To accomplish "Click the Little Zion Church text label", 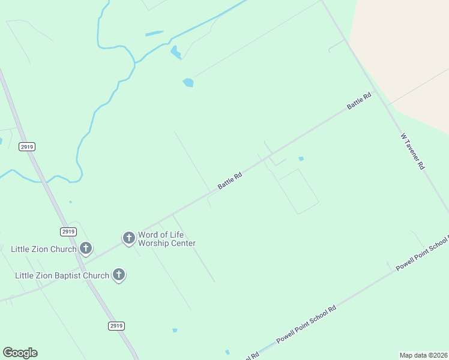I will pyautogui.click(x=44, y=249).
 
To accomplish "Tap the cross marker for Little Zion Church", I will pyautogui.click(x=86, y=247).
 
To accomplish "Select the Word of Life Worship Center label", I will pyautogui.click(x=167, y=239).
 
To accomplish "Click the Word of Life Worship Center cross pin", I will pyautogui.click(x=128, y=238).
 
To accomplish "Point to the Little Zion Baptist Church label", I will pyautogui.click(x=62, y=275).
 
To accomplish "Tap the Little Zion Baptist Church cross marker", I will pyautogui.click(x=119, y=275).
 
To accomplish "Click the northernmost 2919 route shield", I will pyautogui.click(x=27, y=146).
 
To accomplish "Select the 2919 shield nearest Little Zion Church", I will pyautogui.click(x=68, y=232).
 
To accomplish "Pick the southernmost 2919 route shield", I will pyautogui.click(x=116, y=326).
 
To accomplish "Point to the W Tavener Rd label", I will pyautogui.click(x=412, y=151).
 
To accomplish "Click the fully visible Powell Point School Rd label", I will pyautogui.click(x=306, y=325).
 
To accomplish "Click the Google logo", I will pyautogui.click(x=20, y=353).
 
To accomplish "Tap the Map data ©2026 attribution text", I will pyautogui.click(x=424, y=355).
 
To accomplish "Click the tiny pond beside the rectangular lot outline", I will pyautogui.click(x=301, y=159).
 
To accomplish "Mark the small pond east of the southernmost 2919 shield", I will pyautogui.click(x=175, y=330).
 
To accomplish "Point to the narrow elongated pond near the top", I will pyautogui.click(x=154, y=33).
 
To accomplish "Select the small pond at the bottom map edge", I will pyautogui.click(x=228, y=352).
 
